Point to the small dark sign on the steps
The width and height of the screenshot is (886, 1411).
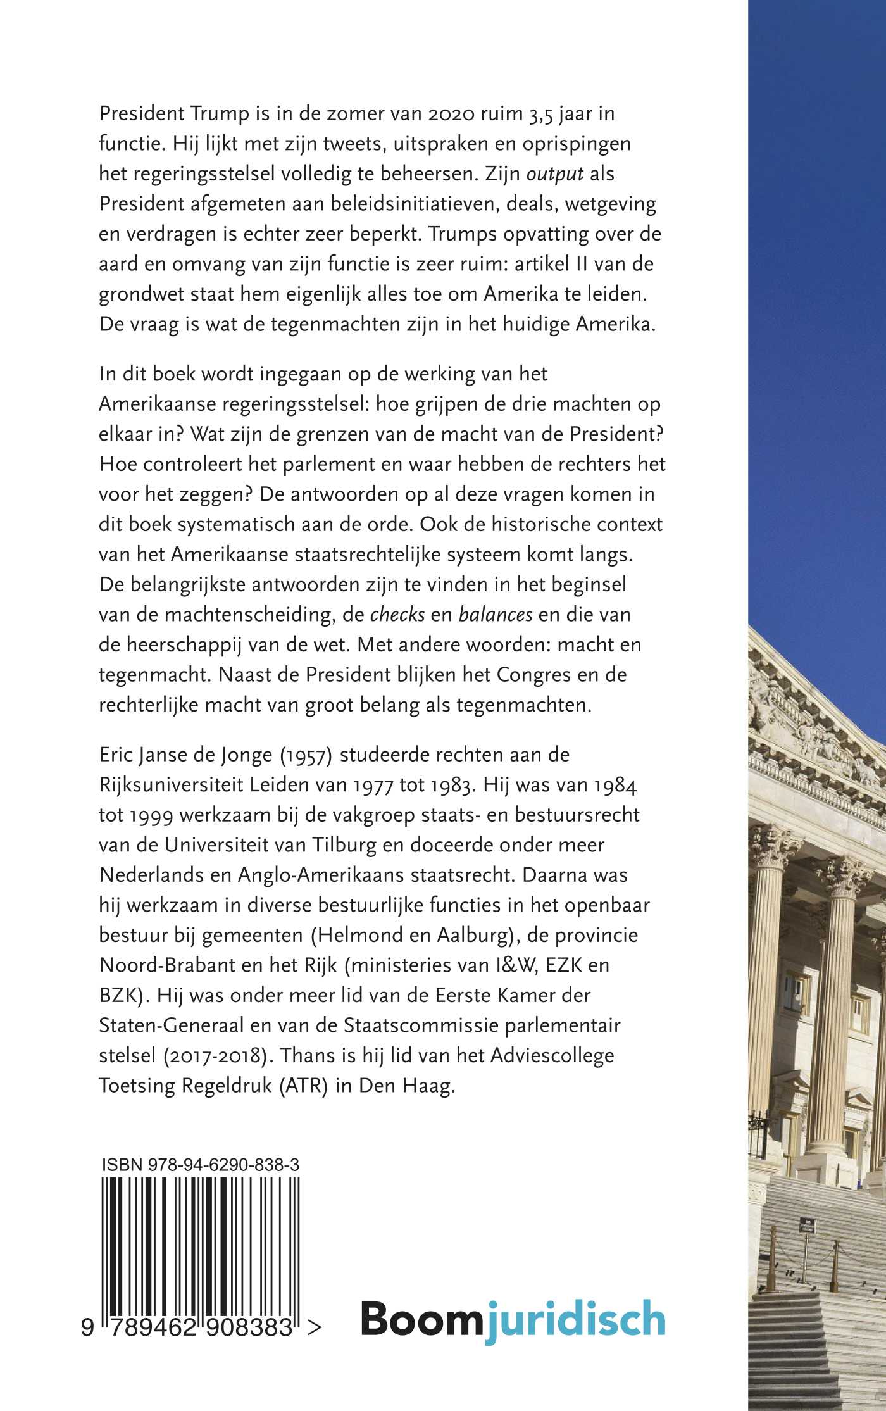click(807, 1223)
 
